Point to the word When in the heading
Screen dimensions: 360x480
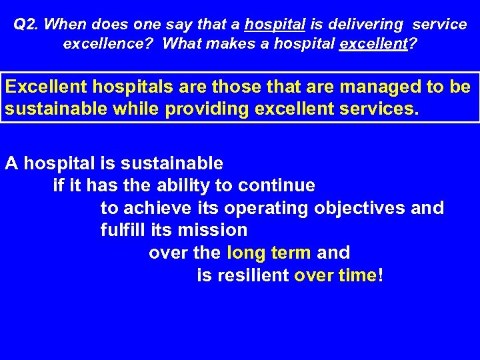point(64,25)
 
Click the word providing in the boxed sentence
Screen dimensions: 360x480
point(207,109)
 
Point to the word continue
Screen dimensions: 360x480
point(277,185)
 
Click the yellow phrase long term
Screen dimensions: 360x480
point(269,253)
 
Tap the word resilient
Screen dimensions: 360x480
point(251,276)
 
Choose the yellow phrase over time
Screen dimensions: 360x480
point(335,276)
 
